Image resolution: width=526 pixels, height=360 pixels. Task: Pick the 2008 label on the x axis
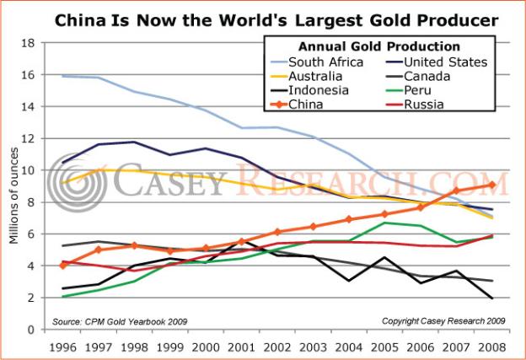492,344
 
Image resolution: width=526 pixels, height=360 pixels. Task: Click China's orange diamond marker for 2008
492,185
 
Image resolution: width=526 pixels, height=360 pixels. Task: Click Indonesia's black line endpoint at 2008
492,298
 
